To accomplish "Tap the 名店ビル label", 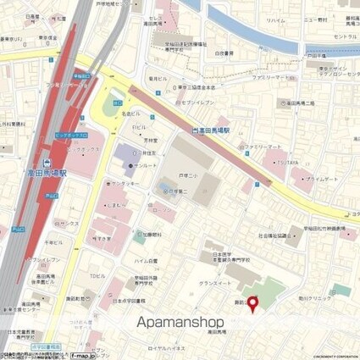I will point(130,112).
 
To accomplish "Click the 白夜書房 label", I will point(229,53).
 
